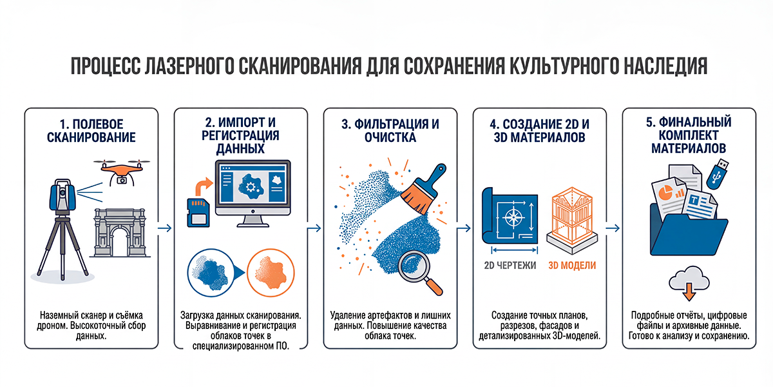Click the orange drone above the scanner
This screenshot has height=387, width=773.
click(x=122, y=172)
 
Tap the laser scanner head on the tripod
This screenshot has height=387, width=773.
click(x=62, y=195)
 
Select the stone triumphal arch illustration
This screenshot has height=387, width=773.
click(x=120, y=233)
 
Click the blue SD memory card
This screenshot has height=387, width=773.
click(x=198, y=212)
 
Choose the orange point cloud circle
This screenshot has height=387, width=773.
click(x=271, y=273)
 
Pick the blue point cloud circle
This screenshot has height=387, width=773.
click(x=211, y=273)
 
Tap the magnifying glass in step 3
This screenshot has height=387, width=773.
click(x=419, y=272)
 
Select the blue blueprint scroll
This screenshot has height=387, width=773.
click(x=510, y=215)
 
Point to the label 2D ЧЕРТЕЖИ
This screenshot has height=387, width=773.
click(x=510, y=265)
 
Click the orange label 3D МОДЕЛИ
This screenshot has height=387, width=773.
click(x=572, y=265)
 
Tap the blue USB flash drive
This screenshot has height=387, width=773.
click(x=718, y=174)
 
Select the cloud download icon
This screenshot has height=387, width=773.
click(x=689, y=283)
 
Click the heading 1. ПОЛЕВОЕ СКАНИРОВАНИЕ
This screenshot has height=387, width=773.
click(x=91, y=130)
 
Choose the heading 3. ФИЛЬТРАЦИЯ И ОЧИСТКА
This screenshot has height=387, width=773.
click(x=390, y=130)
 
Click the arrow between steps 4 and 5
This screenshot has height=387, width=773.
click(x=613, y=228)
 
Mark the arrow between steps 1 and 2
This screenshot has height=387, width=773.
click(x=165, y=228)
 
